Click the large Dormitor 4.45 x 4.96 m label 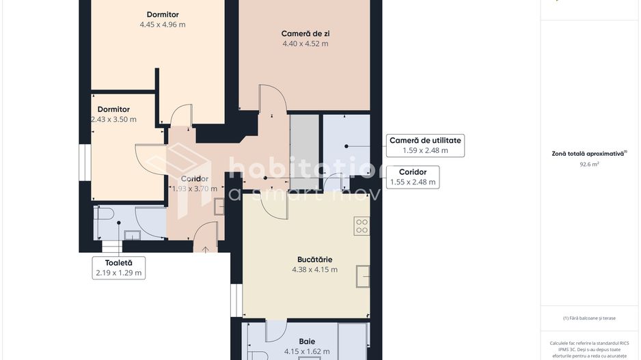(163, 19)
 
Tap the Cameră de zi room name (305, 33)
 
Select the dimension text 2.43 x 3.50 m (113, 119)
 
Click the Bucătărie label (314, 260)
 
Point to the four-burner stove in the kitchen (362, 226)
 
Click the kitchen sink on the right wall (362, 277)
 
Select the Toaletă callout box (119, 267)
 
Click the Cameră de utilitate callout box (425, 145)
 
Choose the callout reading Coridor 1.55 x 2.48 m (413, 177)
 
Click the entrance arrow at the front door (206, 249)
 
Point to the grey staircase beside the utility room (304, 147)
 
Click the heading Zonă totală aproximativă (589, 154)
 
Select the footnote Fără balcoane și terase (589, 318)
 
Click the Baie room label (307, 342)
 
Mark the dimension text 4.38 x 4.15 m (314, 270)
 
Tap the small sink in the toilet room (132, 236)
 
